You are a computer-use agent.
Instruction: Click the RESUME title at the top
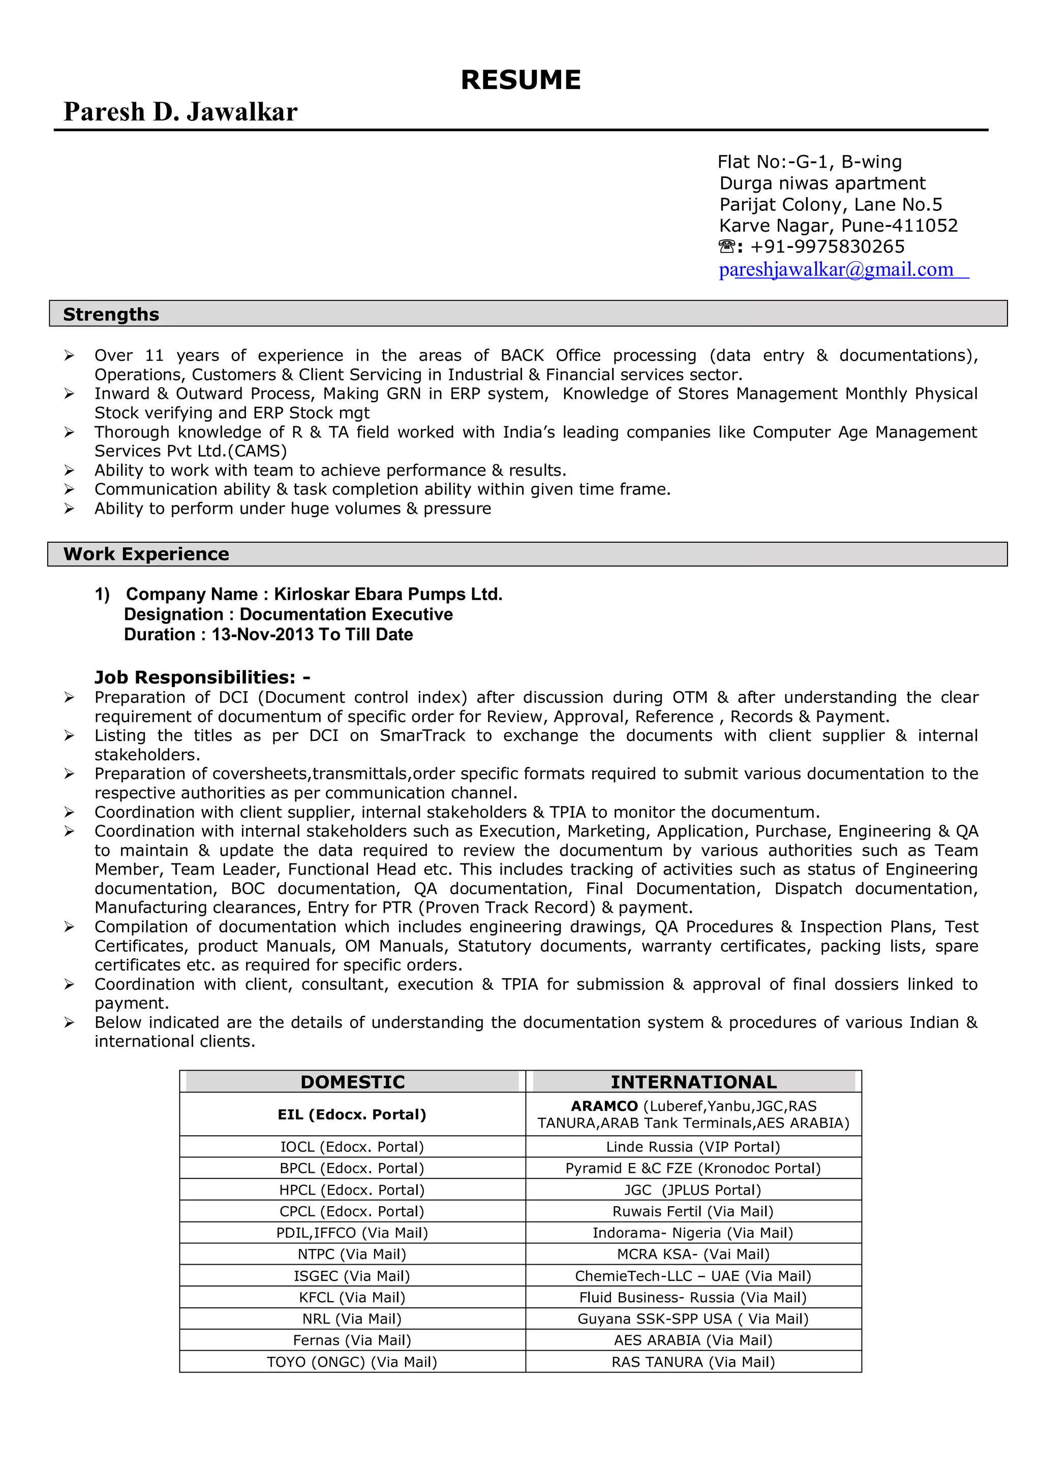(x=520, y=80)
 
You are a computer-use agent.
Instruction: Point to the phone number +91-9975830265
(x=827, y=246)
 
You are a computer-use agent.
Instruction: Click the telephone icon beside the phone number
(x=726, y=246)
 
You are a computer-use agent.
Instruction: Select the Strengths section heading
(x=111, y=315)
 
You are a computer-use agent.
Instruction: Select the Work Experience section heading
(x=146, y=554)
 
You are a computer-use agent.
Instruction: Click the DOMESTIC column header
(x=353, y=1082)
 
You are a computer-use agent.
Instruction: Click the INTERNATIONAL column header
(x=693, y=1082)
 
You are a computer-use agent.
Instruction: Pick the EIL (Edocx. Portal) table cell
(x=352, y=1114)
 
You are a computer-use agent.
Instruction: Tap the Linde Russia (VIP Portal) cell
(x=693, y=1147)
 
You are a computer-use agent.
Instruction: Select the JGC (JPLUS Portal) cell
(x=693, y=1190)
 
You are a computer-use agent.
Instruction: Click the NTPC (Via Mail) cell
(x=352, y=1255)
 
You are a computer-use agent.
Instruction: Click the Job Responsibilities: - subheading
(x=202, y=677)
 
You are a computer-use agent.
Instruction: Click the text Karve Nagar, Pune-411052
(x=838, y=226)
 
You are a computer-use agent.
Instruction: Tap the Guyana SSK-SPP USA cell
(x=693, y=1319)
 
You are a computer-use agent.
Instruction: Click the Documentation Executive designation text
(x=346, y=614)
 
